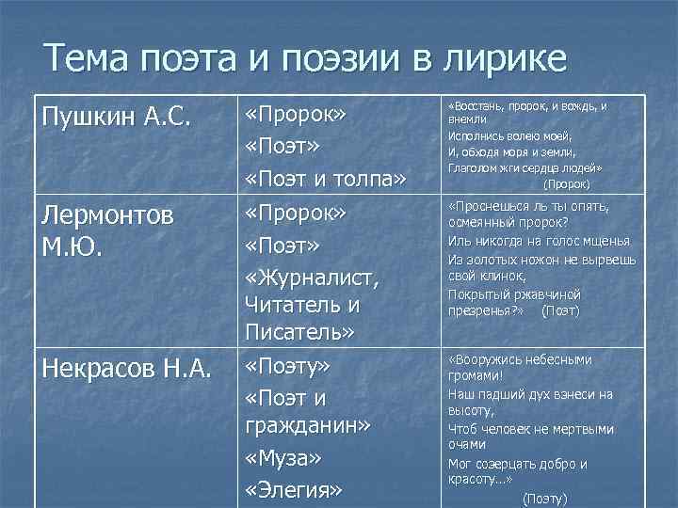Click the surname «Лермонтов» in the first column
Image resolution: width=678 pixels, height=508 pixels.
click(x=107, y=215)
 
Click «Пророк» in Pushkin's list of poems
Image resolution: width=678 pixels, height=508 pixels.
click(x=297, y=115)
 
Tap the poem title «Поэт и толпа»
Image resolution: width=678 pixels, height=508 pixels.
click(x=325, y=178)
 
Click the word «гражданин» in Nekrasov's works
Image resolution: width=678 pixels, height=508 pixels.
click(x=306, y=425)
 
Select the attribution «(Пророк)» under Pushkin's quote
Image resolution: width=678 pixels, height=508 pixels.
click(x=567, y=184)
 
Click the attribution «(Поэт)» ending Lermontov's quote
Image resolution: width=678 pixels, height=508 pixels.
click(x=560, y=310)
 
